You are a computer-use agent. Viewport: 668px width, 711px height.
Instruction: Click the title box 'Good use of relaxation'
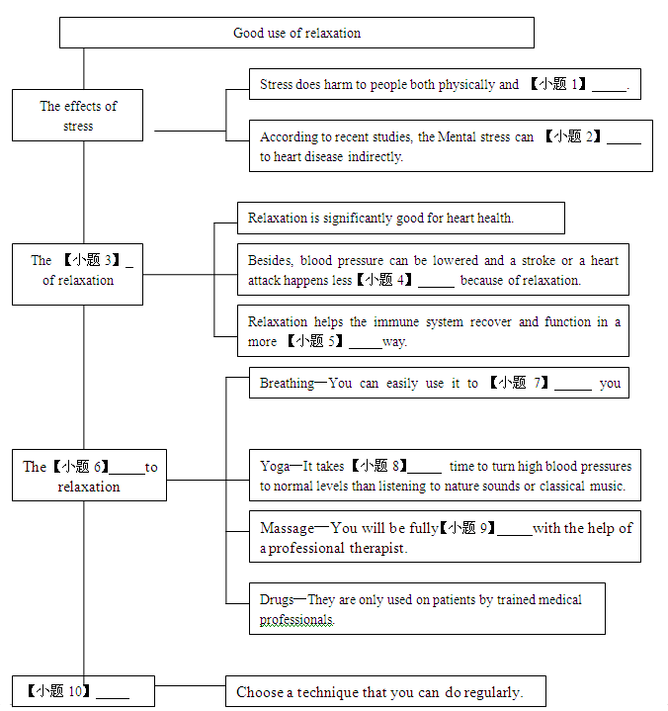[296, 33]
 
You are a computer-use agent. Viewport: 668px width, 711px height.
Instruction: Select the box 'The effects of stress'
[77, 115]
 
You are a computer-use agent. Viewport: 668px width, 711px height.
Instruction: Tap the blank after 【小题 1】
[610, 90]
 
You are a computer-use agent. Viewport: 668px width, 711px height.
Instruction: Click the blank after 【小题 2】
[625, 142]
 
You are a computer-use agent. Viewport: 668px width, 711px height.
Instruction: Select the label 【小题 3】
[91, 260]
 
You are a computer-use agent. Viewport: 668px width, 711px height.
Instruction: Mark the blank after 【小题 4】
[436, 286]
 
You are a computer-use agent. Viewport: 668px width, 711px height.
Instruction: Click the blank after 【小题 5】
[366, 347]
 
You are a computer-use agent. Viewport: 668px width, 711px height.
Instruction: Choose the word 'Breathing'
[287, 384]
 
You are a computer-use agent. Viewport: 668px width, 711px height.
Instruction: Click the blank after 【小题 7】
[573, 389]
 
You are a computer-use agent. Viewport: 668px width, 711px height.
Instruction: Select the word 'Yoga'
[275, 467]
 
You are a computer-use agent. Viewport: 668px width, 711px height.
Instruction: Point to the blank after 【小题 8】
[424, 472]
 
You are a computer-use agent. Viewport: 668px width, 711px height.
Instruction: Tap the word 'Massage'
[287, 528]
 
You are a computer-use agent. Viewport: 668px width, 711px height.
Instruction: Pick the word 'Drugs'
[277, 600]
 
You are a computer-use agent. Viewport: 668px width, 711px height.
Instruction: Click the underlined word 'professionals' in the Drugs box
[296, 620]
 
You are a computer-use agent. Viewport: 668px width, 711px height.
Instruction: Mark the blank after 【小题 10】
[113, 696]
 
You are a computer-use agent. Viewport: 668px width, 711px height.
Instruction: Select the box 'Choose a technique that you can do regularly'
[385, 691]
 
